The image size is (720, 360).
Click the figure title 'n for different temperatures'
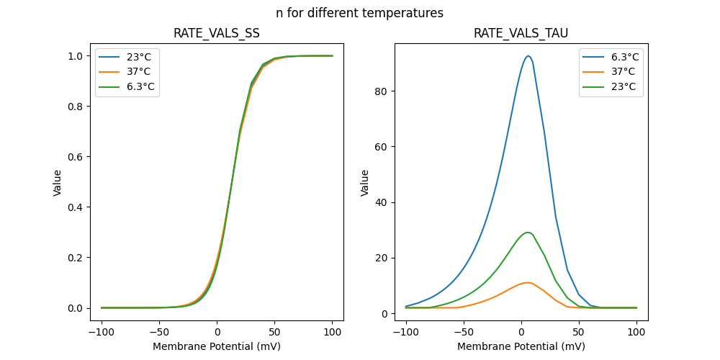[x=359, y=13]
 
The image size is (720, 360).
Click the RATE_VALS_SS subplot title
[x=217, y=33]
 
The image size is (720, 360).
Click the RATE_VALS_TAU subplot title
[x=521, y=33]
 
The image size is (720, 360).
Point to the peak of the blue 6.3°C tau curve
[x=528, y=56]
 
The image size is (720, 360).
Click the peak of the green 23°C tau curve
[x=528, y=233]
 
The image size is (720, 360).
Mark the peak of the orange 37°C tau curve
[x=528, y=282]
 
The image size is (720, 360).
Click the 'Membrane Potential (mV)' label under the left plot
[x=217, y=346]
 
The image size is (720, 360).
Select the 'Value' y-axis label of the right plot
[x=365, y=183]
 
